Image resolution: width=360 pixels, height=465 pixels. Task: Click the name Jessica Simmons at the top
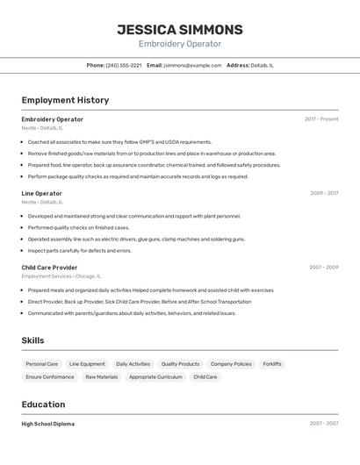pyautogui.click(x=180, y=30)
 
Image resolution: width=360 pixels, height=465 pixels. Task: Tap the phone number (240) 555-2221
pyautogui.click(x=124, y=65)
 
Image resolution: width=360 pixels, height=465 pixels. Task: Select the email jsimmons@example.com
pyautogui.click(x=192, y=65)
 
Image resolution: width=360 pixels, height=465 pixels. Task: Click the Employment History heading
pyautogui.click(x=65, y=100)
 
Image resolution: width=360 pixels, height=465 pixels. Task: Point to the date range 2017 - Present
pyautogui.click(x=321, y=119)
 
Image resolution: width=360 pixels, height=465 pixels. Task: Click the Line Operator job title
pyautogui.click(x=41, y=193)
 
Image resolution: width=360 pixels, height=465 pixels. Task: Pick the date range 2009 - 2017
pyautogui.click(x=324, y=193)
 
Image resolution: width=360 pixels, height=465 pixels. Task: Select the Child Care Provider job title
pyautogui.click(x=49, y=268)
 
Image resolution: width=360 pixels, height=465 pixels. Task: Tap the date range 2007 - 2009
pyautogui.click(x=323, y=268)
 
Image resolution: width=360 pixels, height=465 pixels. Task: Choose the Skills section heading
pyautogui.click(x=32, y=340)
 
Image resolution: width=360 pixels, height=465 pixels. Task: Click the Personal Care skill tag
pyautogui.click(x=41, y=364)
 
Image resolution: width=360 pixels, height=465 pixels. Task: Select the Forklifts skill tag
pyautogui.click(x=272, y=364)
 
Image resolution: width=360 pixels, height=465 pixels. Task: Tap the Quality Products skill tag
pyautogui.click(x=180, y=364)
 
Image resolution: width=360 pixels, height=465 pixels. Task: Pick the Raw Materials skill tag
pyautogui.click(x=101, y=377)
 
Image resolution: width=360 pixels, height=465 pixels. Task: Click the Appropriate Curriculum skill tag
pyautogui.click(x=155, y=377)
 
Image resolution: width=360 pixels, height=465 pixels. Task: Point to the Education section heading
pyautogui.click(x=43, y=404)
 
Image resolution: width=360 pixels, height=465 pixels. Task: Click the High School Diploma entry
pyautogui.click(x=48, y=424)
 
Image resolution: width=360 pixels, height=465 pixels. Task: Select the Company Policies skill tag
pyautogui.click(x=231, y=364)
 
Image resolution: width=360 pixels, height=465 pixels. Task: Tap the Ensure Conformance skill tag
pyautogui.click(x=50, y=377)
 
